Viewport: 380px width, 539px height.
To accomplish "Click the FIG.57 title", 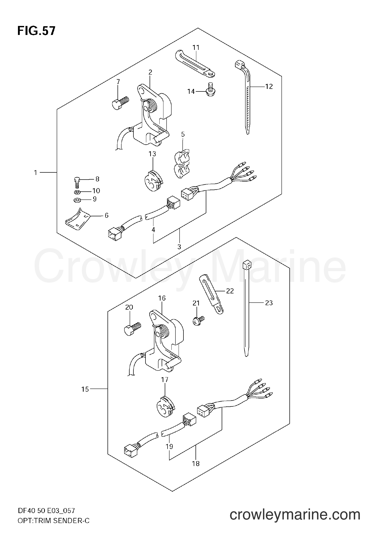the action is [36, 31].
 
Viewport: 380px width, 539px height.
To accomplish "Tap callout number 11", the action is [196, 48].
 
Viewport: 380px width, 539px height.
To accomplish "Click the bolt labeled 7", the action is [120, 103].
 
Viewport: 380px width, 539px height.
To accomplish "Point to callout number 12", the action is [269, 87].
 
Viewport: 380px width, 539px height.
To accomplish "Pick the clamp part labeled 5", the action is [182, 164].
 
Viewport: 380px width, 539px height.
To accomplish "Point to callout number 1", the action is [36, 173].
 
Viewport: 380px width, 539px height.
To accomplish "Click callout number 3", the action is [179, 247].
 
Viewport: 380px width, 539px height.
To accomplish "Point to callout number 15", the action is [85, 396].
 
